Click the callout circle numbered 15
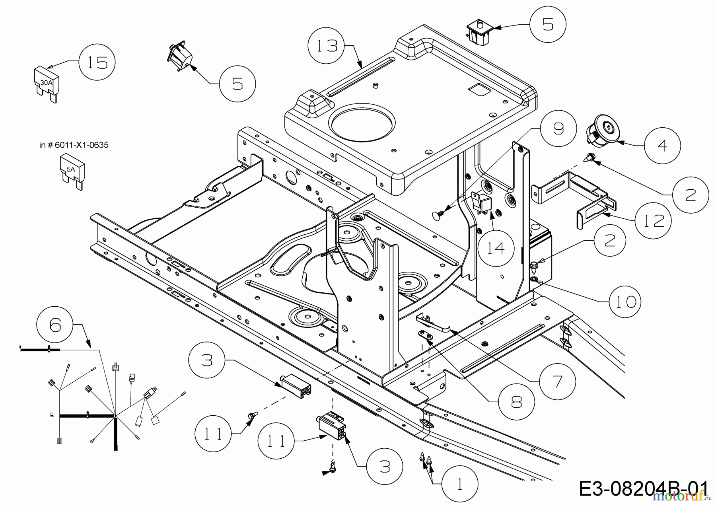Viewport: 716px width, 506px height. point(97,62)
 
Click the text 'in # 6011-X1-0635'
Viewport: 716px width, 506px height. point(74,145)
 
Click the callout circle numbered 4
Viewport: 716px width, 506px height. point(662,146)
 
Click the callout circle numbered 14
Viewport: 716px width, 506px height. point(496,248)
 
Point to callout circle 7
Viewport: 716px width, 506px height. point(557,382)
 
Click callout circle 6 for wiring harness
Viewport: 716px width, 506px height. point(55,325)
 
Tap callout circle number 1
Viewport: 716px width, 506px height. point(460,485)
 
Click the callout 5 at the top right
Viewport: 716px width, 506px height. point(547,24)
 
